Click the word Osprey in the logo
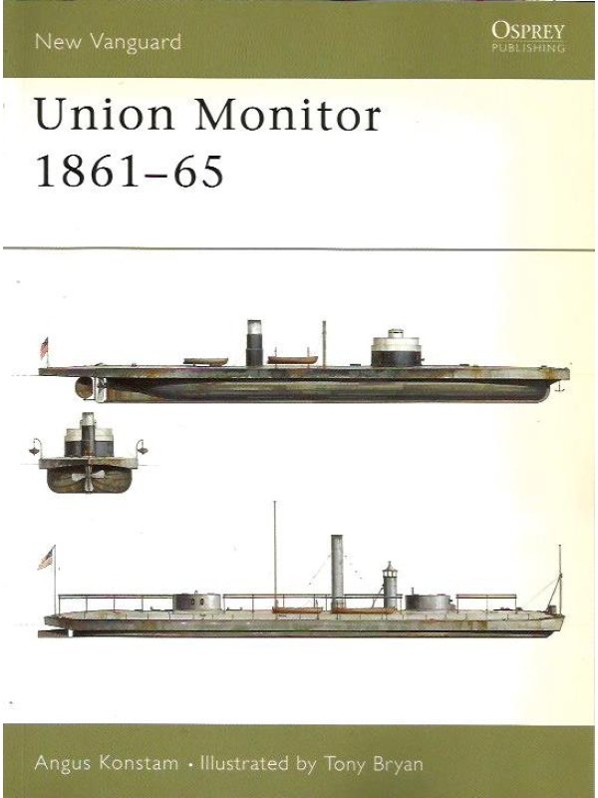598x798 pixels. coord(528,31)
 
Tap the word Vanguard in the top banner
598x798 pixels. coord(136,42)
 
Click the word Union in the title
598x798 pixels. coord(105,115)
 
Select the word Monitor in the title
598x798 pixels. coord(288,115)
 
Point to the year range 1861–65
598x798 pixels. coord(130,171)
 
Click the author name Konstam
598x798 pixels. coord(139,763)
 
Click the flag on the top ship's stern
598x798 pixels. coord(44,347)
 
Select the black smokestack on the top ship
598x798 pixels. coord(254,343)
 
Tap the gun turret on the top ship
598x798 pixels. coord(396,348)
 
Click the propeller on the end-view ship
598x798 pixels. coord(89,478)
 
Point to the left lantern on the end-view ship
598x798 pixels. coord(35,447)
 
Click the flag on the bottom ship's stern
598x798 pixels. coord(46,559)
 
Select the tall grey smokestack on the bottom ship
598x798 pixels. coord(337,571)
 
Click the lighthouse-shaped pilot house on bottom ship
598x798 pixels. coord(390,586)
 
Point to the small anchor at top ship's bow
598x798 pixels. coord(560,388)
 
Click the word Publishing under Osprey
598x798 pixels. coord(528,48)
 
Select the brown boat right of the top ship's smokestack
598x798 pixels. coord(292,360)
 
